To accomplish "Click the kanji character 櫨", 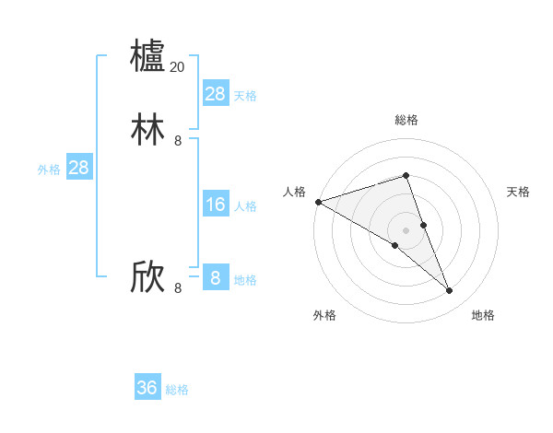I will coord(148,55).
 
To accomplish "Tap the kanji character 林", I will coord(148,130).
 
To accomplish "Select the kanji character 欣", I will coord(148,277).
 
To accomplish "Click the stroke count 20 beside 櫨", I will coord(177,67).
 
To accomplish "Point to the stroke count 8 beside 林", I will coord(178,141).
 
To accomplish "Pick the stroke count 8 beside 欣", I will coord(178,288).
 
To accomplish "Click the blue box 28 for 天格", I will coord(216,94).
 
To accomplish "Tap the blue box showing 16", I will coord(216,205).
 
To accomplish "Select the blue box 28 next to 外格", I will coord(78,168).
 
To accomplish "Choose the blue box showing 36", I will coord(147,388).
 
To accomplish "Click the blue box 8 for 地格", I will coord(216,278).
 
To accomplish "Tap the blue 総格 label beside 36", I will coord(177,390).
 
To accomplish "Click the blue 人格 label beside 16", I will coord(245,206).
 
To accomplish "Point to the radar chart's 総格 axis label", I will coord(406,120).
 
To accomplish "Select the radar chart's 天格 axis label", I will coord(518,192).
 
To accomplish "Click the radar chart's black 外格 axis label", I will coord(324,315).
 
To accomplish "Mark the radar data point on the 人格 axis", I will coord(318,201).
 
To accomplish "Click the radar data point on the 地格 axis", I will coord(450,291).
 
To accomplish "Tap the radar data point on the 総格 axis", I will coord(406,175).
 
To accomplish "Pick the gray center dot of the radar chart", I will coord(406,229).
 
